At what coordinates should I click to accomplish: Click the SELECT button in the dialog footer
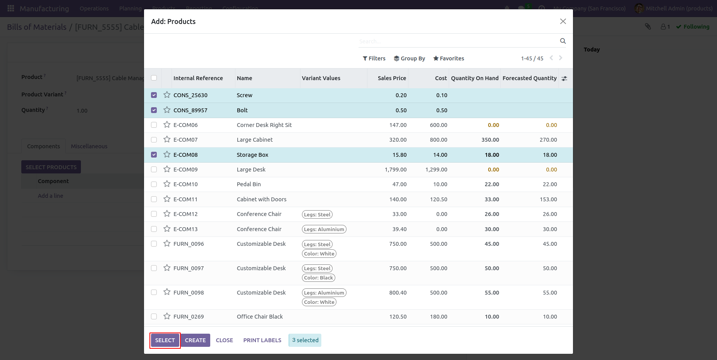click(x=165, y=340)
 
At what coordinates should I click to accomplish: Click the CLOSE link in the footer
click(x=224, y=340)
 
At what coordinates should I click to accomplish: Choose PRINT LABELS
click(x=262, y=340)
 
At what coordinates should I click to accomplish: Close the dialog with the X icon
click(x=563, y=21)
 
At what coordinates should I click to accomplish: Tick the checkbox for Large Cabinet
click(x=154, y=140)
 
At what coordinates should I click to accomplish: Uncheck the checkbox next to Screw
click(x=154, y=95)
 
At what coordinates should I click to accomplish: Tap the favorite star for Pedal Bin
click(x=167, y=184)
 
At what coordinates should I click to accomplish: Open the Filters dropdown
click(x=374, y=58)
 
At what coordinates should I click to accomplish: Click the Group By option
click(x=409, y=58)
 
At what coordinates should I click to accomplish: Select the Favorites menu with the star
click(x=448, y=58)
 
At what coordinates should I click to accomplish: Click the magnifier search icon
click(x=563, y=41)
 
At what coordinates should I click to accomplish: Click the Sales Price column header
click(x=392, y=78)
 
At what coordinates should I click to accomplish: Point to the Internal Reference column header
click(x=198, y=78)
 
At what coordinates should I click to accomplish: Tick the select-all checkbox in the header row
click(x=154, y=78)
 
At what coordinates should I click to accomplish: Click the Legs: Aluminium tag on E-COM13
click(x=324, y=229)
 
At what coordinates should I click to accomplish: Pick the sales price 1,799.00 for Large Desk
click(x=396, y=170)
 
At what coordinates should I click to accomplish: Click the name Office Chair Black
click(x=260, y=317)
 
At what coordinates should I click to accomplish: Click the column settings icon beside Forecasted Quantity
click(x=564, y=78)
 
